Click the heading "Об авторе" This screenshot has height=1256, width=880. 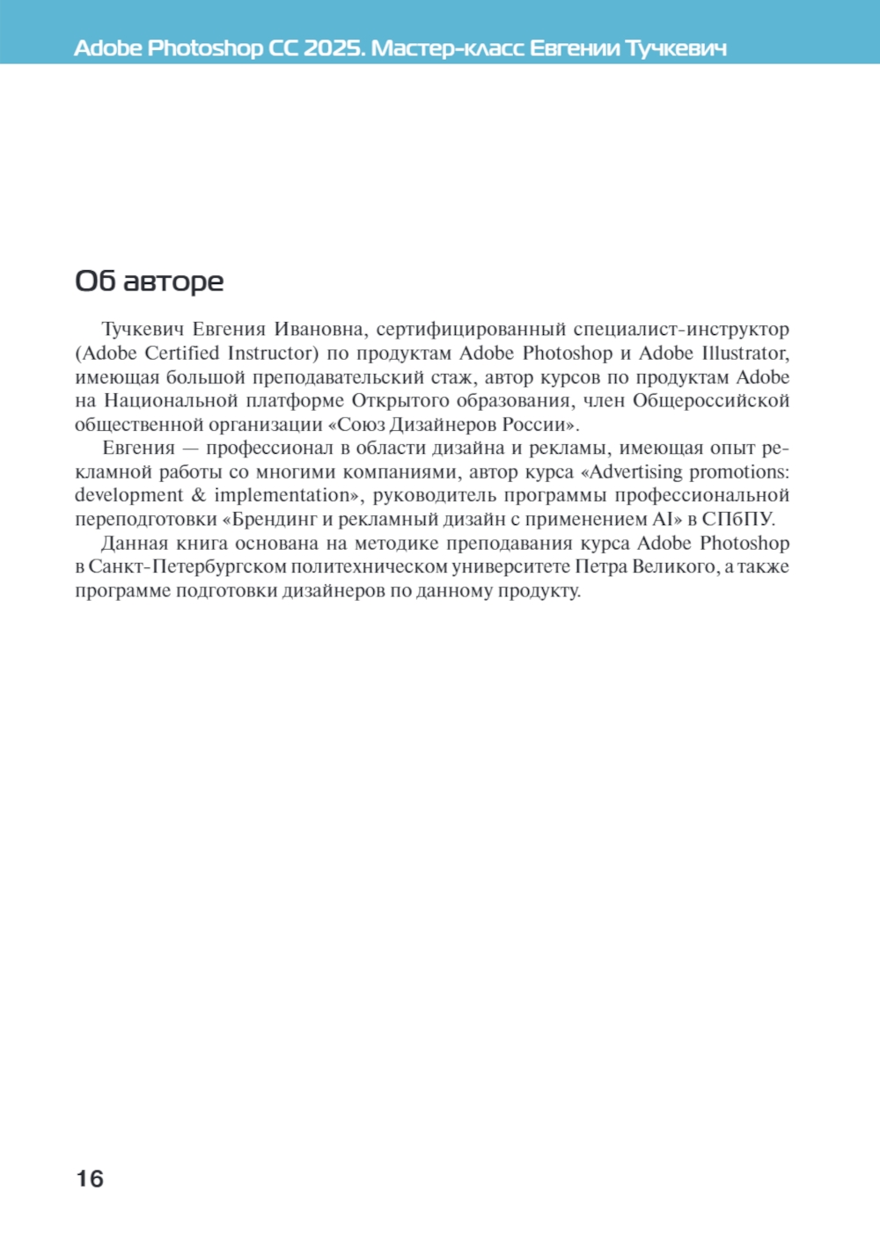coord(149,281)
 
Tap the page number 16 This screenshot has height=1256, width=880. coord(90,1179)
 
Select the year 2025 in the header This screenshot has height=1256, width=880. coord(334,47)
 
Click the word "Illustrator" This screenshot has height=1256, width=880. coord(744,354)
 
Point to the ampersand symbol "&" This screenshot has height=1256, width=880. coord(198,496)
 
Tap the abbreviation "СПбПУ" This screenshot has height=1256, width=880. coord(737,520)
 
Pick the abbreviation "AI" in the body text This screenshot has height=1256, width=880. coord(661,520)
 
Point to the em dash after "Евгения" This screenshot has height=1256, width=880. coord(190,449)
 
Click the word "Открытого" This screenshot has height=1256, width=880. coord(400,401)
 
